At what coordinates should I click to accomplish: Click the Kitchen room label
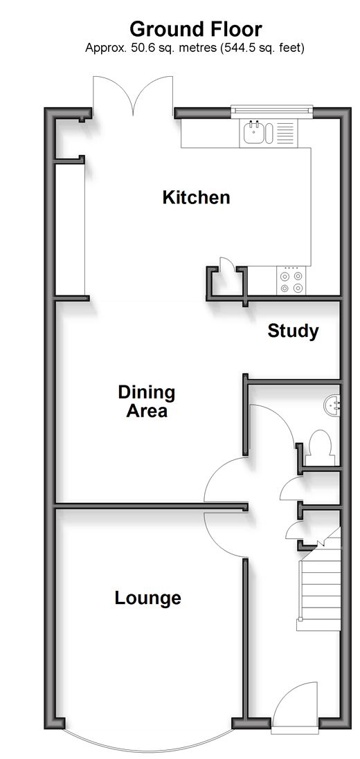pyautogui.click(x=196, y=197)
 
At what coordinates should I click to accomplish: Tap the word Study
pyautogui.click(x=293, y=331)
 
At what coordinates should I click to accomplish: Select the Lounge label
pyautogui.click(x=147, y=598)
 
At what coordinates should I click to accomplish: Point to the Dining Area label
pyautogui.click(x=147, y=401)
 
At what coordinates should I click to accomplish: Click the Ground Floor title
pyautogui.click(x=196, y=29)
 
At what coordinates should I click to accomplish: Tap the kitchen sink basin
pyautogui.click(x=254, y=131)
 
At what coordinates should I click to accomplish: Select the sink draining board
pyautogui.click(x=285, y=133)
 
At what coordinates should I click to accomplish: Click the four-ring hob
pyautogui.click(x=291, y=281)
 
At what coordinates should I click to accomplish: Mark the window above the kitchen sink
pyautogui.click(x=272, y=111)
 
